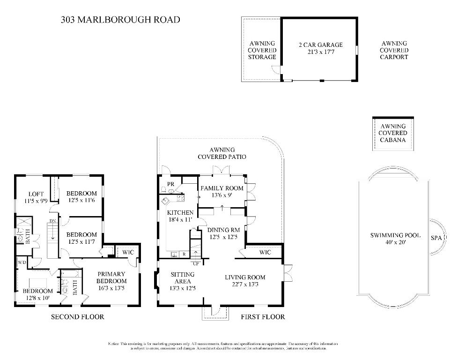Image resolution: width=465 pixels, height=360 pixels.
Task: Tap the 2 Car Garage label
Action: (x=321, y=49)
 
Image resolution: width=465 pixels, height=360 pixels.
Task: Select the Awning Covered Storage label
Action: (x=262, y=50)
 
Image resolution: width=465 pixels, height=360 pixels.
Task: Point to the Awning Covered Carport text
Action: (x=394, y=50)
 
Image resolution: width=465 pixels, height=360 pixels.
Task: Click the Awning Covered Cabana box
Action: (x=393, y=133)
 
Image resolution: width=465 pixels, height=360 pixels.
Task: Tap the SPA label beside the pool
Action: (x=436, y=238)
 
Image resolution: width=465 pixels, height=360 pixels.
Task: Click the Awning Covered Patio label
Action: (x=222, y=153)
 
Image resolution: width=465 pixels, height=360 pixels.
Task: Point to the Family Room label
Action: (x=222, y=192)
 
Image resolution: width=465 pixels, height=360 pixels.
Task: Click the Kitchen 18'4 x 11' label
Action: (x=180, y=216)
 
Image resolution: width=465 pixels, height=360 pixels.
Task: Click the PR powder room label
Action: (x=171, y=184)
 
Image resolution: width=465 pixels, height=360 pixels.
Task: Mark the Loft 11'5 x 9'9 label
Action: (x=36, y=197)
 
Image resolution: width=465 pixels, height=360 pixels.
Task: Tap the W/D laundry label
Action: (x=22, y=262)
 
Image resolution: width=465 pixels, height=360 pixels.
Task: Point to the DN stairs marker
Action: (x=53, y=221)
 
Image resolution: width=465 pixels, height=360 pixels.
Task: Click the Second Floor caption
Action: (x=77, y=317)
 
